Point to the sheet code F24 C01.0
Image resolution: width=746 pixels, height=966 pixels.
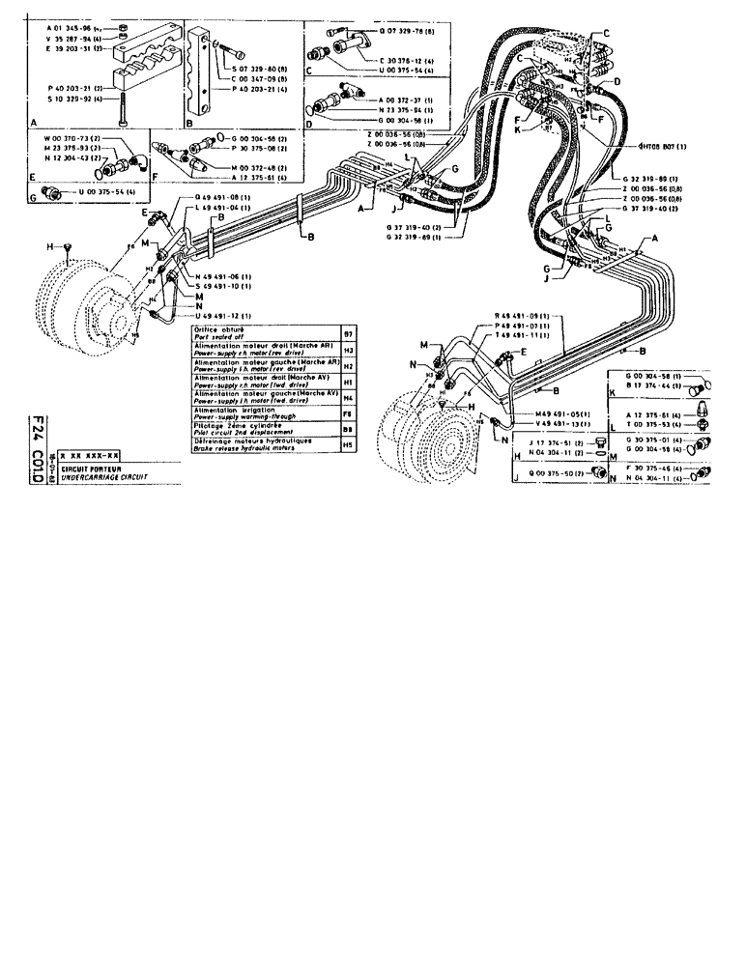pyautogui.click(x=39, y=450)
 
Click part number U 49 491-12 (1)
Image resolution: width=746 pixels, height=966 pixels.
pyautogui.click(x=226, y=315)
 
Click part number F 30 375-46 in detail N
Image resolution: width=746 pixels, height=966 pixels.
pyautogui.click(x=652, y=468)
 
